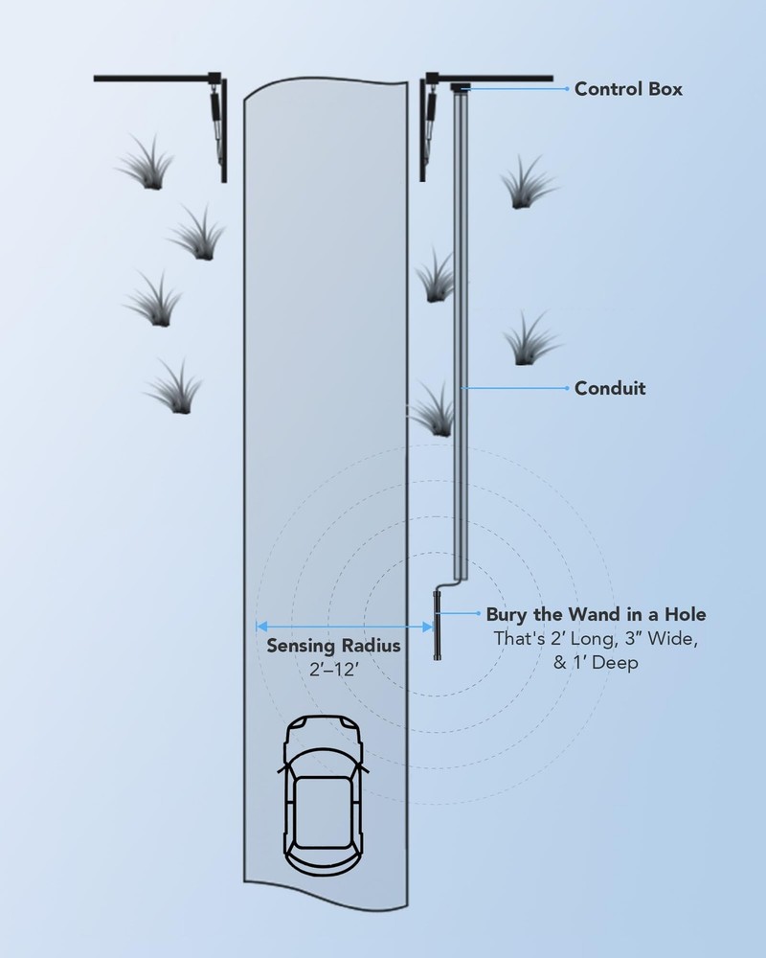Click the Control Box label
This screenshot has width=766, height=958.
coord(628,89)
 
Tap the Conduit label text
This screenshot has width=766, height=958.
coord(610,388)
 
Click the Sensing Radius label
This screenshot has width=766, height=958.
coord(333,646)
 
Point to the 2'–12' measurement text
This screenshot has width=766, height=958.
coord(333,670)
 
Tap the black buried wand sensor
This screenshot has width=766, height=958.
coord(437,627)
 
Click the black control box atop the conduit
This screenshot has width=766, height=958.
coord(461,88)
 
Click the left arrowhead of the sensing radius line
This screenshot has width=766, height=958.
coord(260,627)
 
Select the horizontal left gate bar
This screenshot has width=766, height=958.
coord(153,77)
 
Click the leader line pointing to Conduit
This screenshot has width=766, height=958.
coord(517,388)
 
